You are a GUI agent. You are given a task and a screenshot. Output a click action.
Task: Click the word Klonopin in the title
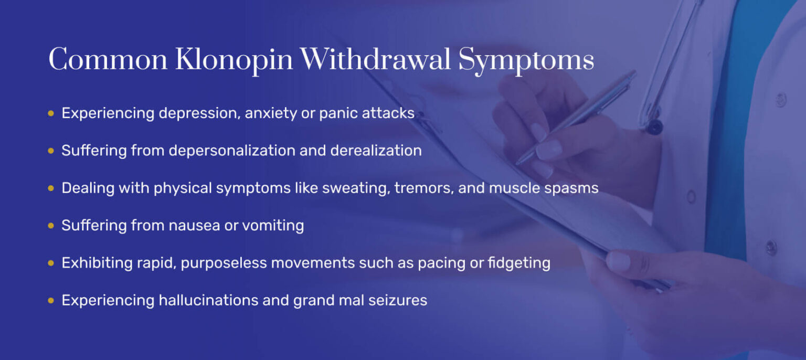[x=234, y=60]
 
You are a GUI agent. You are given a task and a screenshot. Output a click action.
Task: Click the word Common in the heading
[x=108, y=59]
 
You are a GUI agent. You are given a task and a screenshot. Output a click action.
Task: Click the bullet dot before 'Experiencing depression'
[x=51, y=113]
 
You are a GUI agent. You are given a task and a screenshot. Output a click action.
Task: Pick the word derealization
[x=376, y=150]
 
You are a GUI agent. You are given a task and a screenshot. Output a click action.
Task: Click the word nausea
[x=194, y=226]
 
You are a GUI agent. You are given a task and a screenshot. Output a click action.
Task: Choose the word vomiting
[x=273, y=226]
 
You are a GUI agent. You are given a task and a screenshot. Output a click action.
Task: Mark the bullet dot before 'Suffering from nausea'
[x=51, y=226]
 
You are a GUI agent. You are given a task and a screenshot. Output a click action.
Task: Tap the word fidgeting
[x=519, y=263]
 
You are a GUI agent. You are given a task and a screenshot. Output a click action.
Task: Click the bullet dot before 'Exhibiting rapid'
[x=51, y=263]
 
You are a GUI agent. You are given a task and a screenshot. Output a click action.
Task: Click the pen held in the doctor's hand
[x=576, y=117]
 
